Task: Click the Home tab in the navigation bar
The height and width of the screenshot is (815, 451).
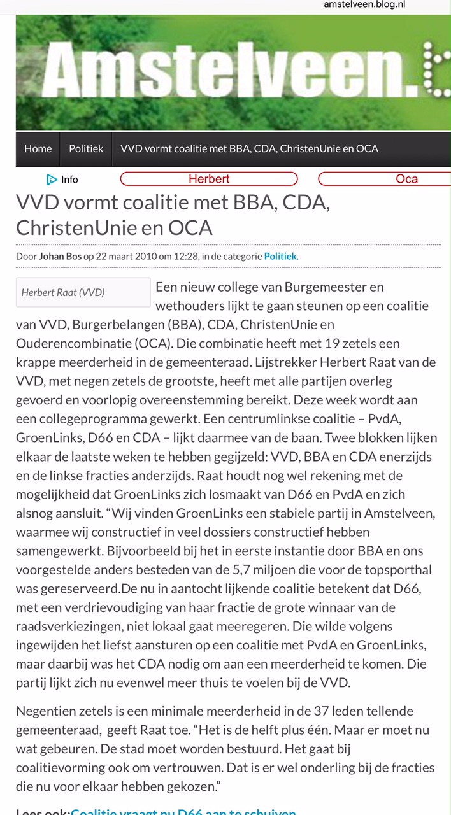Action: pyautogui.click(x=38, y=148)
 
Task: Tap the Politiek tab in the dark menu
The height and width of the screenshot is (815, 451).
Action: pyautogui.click(x=86, y=148)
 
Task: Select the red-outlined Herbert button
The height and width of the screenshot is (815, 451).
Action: pyautogui.click(x=209, y=179)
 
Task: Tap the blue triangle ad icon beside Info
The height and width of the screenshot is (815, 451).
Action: pyautogui.click(x=52, y=180)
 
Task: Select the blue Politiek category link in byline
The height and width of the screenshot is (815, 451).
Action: pyautogui.click(x=280, y=256)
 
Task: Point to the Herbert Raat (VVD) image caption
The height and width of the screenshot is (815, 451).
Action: pyautogui.click(x=63, y=293)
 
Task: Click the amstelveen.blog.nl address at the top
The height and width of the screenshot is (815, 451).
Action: pyautogui.click(x=364, y=5)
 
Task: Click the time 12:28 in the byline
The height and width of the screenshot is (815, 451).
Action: pyautogui.click(x=189, y=256)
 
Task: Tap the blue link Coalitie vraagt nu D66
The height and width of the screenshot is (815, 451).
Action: pyautogui.click(x=183, y=811)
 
